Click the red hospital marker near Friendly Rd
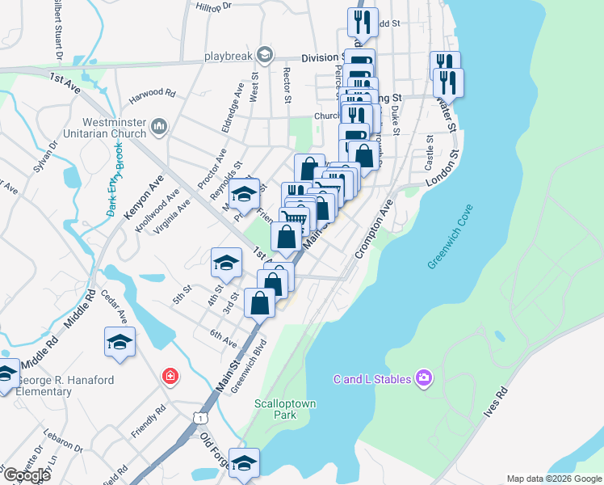pyautogui.click(x=170, y=376)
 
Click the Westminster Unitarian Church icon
pyautogui.click(x=159, y=126)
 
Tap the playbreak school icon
pyautogui.click(x=264, y=55)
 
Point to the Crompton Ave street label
pyautogui.click(x=372, y=230)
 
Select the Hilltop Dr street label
pyautogui.click(x=213, y=6)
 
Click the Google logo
pyautogui.click(x=27, y=475)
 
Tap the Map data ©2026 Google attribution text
pyautogui.click(x=554, y=479)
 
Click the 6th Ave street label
pyautogui.click(x=222, y=337)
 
